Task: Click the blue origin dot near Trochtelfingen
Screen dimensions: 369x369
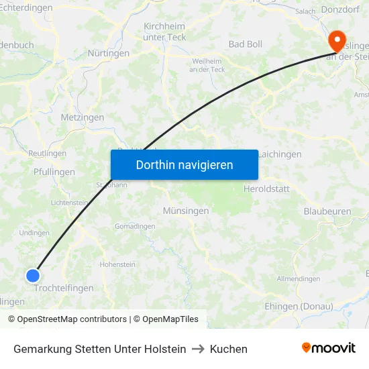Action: pyautogui.click(x=33, y=275)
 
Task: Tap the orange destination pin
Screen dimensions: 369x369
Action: pyautogui.click(x=336, y=41)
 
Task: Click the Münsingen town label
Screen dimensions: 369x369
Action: pyautogui.click(x=186, y=211)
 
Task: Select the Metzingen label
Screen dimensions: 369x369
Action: pyautogui.click(x=83, y=117)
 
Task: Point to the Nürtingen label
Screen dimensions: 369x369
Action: pyautogui.click(x=108, y=53)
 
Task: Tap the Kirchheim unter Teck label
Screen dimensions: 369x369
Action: pyautogui.click(x=165, y=32)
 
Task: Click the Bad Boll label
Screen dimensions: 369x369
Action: pyautogui.click(x=246, y=44)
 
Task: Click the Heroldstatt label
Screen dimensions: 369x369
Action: pyautogui.click(x=266, y=189)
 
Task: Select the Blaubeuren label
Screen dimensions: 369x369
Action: pyautogui.click(x=327, y=211)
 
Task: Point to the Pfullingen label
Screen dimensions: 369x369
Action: pyautogui.click(x=54, y=172)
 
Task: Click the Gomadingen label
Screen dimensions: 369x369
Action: pyautogui.click(x=135, y=227)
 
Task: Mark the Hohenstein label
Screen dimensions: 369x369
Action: pyautogui.click(x=117, y=264)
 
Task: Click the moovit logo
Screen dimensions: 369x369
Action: pyautogui.click(x=329, y=348)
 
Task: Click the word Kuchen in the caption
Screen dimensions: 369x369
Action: pyautogui.click(x=229, y=349)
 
